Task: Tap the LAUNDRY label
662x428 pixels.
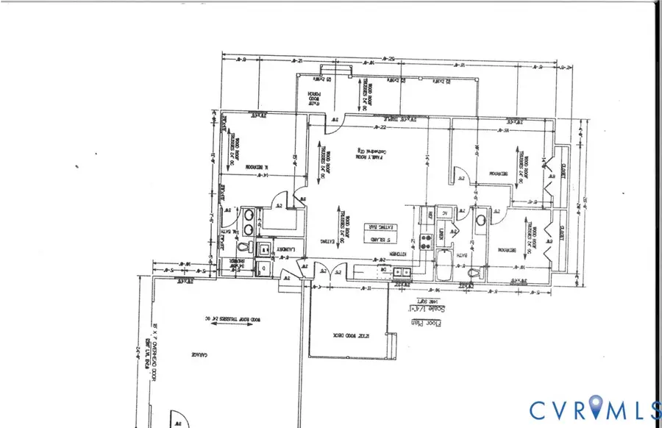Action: click(285, 250)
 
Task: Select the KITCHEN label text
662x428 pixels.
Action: click(398, 253)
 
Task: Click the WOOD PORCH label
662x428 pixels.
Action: click(314, 99)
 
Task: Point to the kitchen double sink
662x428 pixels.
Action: click(402, 272)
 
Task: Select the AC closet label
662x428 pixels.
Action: click(444, 213)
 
